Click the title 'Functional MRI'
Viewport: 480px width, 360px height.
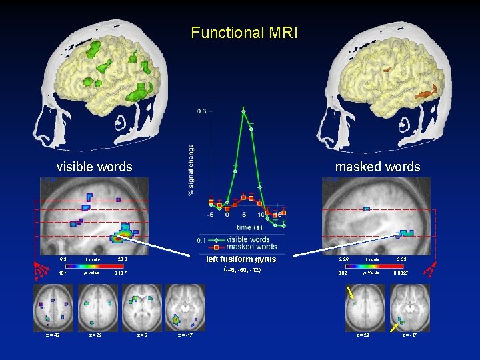coord(241,32)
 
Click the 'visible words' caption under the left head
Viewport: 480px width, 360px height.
coord(94,167)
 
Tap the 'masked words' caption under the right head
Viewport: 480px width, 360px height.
coord(377,167)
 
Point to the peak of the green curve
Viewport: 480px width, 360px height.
coord(244,111)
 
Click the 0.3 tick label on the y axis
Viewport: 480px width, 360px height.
coord(201,111)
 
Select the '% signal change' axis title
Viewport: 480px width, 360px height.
coord(191,170)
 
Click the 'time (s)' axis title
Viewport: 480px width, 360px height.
coord(244,227)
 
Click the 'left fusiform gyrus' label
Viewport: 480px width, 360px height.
coord(241,259)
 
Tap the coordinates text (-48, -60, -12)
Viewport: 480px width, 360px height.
coord(241,271)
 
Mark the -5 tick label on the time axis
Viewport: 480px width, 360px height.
coord(210,215)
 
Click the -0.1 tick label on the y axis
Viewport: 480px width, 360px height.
coord(201,240)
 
